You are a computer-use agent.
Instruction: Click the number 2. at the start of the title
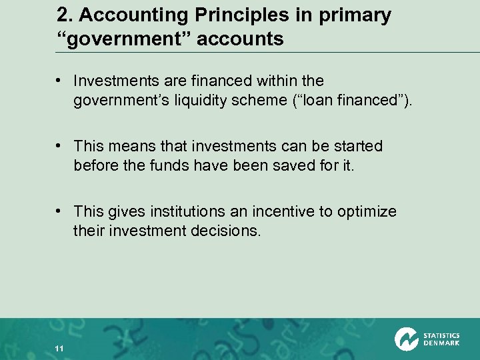click(x=65, y=15)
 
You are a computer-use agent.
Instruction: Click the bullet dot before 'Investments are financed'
click(x=60, y=81)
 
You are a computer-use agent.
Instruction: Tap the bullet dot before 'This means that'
click(x=60, y=146)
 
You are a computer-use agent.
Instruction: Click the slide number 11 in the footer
click(x=59, y=349)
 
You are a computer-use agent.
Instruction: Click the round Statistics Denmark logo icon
click(x=406, y=339)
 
